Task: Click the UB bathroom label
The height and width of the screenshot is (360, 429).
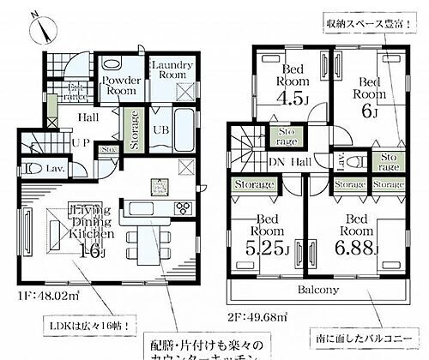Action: coord(160,129)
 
